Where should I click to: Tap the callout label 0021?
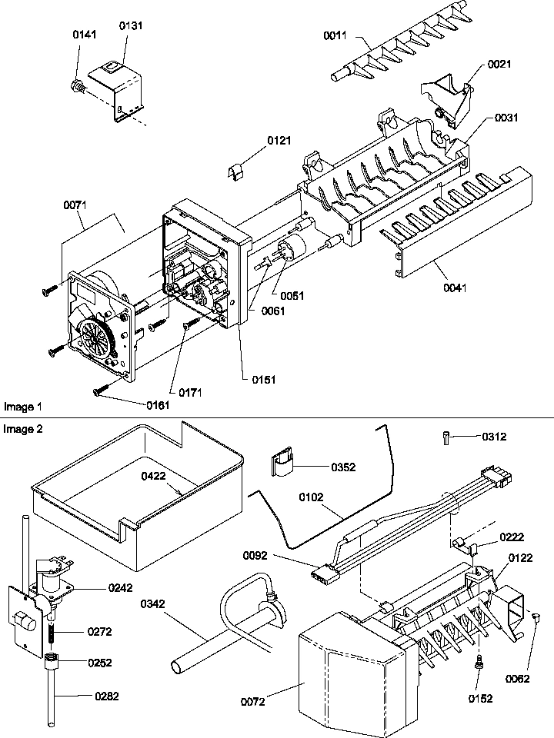[x=499, y=65]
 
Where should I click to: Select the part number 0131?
[x=131, y=26]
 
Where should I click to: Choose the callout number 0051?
[x=292, y=295]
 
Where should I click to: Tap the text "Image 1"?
[x=23, y=405]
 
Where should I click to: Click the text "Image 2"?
[x=23, y=429]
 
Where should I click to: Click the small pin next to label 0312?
[x=449, y=437]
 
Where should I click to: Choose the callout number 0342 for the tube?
[x=154, y=604]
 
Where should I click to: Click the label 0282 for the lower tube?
[x=108, y=697]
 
